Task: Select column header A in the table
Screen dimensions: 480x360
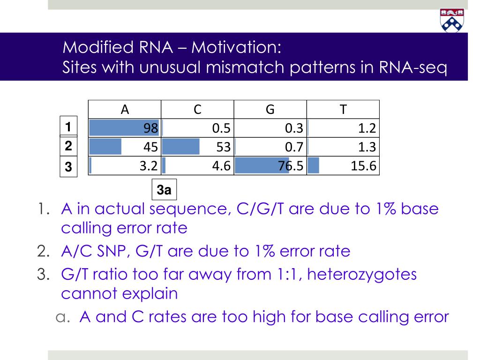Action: [125, 110]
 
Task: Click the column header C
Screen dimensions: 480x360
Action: [197, 110]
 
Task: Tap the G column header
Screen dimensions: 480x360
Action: [270, 110]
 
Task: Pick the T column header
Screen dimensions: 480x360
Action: [343, 110]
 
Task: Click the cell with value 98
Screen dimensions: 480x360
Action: [125, 128]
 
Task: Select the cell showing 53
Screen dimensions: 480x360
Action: [197, 147]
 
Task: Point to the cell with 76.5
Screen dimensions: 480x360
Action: [270, 166]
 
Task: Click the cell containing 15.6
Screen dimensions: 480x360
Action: [343, 166]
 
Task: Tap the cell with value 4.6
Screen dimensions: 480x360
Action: [197, 166]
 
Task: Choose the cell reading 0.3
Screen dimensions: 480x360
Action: [270, 128]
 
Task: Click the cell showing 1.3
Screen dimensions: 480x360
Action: [343, 147]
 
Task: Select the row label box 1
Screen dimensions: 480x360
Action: [68, 127]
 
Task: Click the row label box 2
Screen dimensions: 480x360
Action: [68, 146]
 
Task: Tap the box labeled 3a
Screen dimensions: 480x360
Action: [164, 190]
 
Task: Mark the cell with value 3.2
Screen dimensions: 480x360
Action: [125, 166]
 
